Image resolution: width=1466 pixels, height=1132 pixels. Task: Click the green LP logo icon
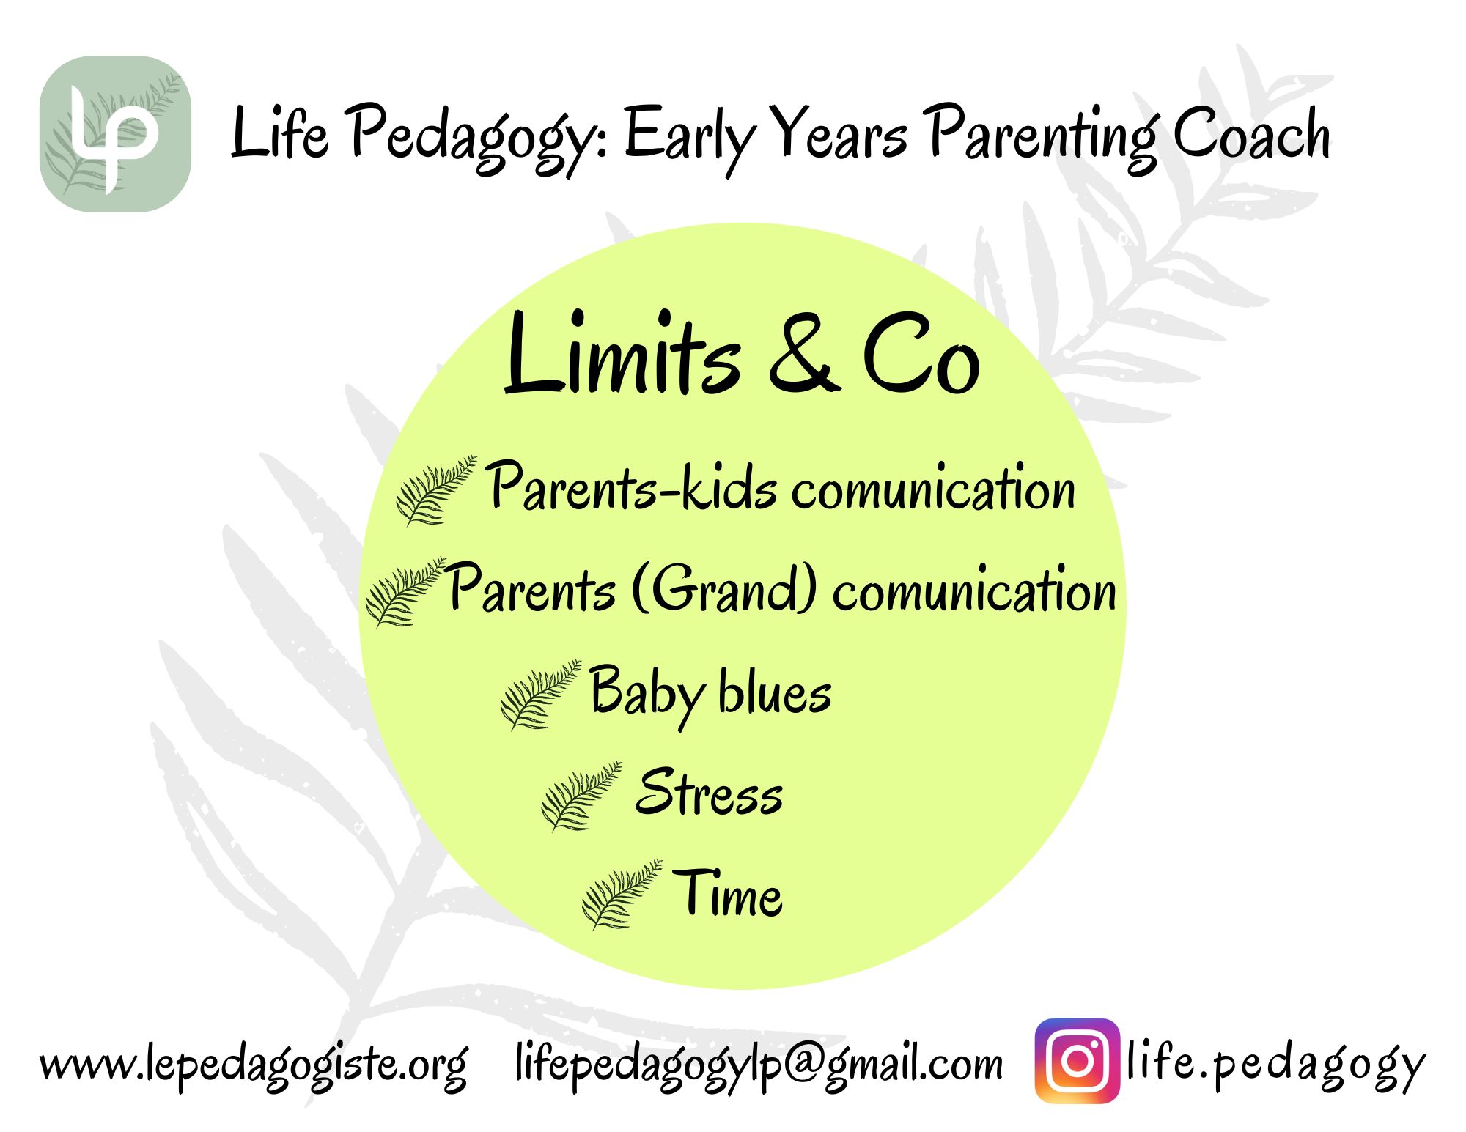115,134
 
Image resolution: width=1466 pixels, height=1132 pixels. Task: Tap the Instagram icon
1078,1061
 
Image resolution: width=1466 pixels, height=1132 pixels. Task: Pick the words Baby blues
710,695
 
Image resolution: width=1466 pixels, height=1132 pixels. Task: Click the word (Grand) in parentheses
723,588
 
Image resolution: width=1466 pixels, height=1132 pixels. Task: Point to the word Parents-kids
633,485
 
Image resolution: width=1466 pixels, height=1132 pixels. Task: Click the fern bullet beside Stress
581,796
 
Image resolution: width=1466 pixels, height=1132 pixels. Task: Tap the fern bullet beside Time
622,895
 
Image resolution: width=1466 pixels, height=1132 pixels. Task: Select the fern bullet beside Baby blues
540,695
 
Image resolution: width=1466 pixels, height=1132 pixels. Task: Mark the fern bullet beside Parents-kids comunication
436,490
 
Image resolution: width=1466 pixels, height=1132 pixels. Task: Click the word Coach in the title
1252,133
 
